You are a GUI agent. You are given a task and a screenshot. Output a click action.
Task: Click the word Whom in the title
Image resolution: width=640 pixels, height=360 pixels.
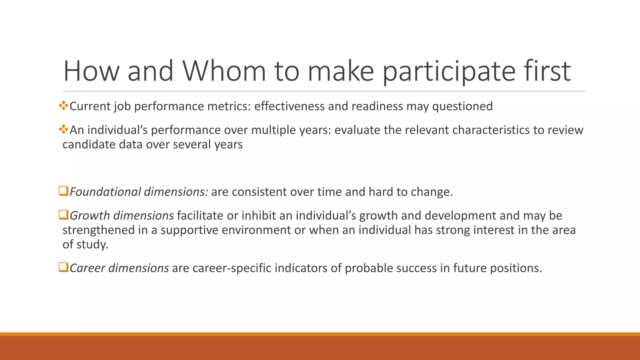tap(224, 71)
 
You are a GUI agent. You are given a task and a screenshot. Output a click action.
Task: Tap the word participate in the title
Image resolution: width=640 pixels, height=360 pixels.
tap(449, 71)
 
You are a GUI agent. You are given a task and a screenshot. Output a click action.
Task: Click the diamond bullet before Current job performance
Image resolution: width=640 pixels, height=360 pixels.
tap(63, 106)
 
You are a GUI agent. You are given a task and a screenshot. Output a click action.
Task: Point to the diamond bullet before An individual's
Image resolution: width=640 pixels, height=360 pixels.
tap(63, 129)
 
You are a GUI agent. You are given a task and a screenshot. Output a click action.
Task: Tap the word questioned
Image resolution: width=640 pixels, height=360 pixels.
tap(462, 106)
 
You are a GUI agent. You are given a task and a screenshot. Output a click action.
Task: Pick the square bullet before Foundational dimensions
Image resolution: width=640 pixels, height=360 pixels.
tap(63, 191)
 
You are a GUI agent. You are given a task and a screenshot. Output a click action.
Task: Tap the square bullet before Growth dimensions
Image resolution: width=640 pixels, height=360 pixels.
tap(63, 215)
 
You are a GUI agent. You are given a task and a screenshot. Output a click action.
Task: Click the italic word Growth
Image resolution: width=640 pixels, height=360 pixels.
tap(90, 216)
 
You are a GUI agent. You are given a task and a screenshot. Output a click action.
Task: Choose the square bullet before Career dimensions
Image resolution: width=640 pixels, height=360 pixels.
tap(63, 267)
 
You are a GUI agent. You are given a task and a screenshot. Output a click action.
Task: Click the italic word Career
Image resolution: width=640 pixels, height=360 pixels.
tap(87, 268)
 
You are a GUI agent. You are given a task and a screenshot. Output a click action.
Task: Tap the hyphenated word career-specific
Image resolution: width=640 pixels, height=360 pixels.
tap(232, 268)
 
